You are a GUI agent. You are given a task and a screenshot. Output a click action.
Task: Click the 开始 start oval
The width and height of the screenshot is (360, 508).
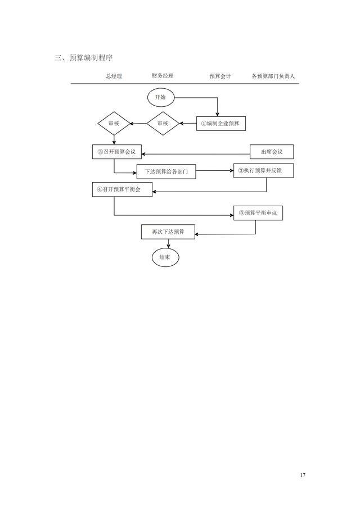[x=161, y=98]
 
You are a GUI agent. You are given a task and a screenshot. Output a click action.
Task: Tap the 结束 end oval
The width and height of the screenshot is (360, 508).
[x=165, y=257]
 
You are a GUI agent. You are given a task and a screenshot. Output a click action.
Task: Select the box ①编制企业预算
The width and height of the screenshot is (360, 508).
[x=221, y=124]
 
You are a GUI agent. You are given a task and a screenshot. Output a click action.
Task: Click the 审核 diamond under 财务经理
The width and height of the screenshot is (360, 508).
[x=163, y=124]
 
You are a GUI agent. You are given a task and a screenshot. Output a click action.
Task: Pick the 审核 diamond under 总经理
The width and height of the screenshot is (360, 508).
[x=114, y=124]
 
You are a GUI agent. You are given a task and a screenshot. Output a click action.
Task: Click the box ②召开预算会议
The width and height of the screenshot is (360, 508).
[x=117, y=152]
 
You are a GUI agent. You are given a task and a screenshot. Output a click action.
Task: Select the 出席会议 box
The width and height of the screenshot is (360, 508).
[x=272, y=152]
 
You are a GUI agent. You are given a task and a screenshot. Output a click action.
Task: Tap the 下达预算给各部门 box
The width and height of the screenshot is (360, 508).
[x=166, y=171]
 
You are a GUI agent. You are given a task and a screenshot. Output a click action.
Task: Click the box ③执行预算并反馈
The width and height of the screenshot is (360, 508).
[x=264, y=170]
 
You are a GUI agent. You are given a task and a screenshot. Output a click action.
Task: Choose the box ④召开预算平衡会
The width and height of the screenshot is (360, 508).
[x=122, y=189]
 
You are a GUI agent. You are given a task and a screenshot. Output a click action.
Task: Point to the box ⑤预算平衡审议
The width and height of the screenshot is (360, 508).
[x=258, y=213]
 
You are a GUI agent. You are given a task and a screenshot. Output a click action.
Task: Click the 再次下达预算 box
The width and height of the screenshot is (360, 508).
[x=168, y=232]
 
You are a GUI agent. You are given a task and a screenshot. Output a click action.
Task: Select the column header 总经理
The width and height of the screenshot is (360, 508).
[x=114, y=76]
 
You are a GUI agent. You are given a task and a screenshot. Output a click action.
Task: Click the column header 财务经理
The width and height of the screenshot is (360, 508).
[x=163, y=76]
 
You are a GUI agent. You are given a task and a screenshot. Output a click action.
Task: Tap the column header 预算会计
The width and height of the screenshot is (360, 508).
[x=220, y=76]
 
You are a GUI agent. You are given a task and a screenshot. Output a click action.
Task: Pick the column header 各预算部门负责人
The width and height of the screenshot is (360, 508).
[x=273, y=76]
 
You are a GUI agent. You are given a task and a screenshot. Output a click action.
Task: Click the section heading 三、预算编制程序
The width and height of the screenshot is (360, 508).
[x=84, y=58]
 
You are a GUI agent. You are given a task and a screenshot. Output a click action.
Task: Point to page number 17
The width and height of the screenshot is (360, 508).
[x=303, y=475]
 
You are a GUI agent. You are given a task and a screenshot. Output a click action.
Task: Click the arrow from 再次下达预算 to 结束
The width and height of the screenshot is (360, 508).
[x=168, y=244]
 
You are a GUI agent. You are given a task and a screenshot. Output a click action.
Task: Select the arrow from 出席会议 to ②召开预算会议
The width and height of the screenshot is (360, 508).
[x=196, y=154]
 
